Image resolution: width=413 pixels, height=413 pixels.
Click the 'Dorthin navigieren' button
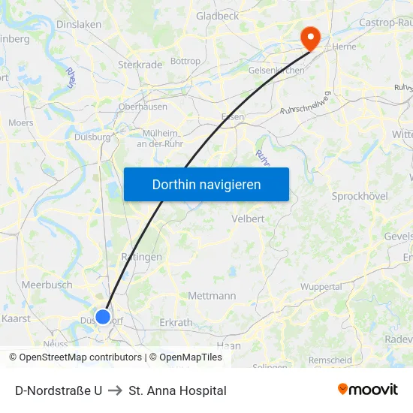point(206,184)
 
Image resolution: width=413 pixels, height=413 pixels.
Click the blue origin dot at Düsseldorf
point(103,316)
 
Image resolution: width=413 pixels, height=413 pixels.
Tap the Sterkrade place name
point(140,65)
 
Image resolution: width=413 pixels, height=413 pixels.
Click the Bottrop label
point(185,61)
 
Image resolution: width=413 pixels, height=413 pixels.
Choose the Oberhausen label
point(143,107)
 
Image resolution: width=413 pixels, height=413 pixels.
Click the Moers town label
point(20,122)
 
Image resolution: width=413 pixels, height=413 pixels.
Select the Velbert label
point(249,219)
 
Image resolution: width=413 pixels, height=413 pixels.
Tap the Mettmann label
point(212,296)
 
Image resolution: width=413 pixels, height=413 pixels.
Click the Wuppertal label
point(321,287)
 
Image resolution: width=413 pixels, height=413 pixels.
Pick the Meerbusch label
point(47,285)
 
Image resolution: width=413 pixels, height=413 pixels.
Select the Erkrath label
point(177,322)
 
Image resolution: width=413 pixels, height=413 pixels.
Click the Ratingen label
point(141,257)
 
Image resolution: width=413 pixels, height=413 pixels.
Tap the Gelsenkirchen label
point(276,71)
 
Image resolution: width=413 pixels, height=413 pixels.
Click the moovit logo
point(368,390)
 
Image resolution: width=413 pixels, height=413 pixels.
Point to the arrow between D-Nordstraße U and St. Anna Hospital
point(116,390)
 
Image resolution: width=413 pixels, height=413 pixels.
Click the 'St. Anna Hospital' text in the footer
point(177,390)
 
